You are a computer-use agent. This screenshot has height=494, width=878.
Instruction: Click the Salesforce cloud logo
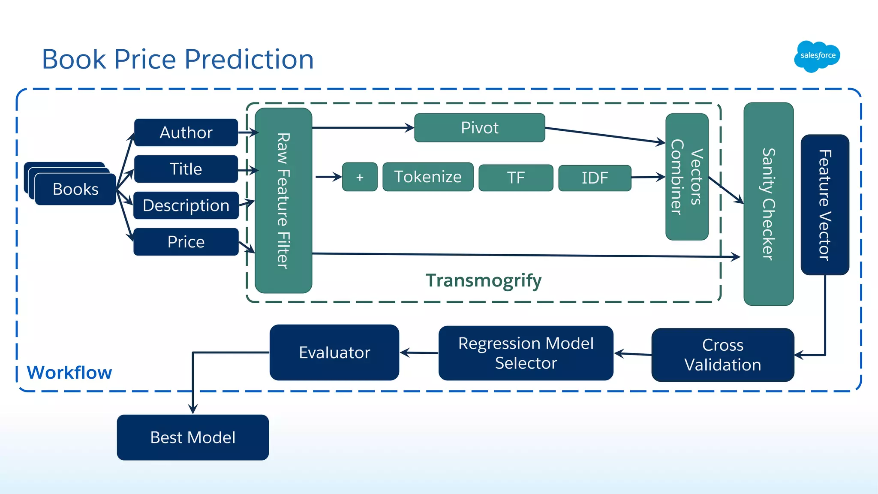point(817,56)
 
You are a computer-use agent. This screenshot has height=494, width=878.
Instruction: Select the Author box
point(186,133)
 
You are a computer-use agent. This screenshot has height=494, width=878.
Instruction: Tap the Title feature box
point(186,169)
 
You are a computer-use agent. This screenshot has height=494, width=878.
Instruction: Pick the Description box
point(186,205)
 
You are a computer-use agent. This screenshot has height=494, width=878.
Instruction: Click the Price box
point(186,242)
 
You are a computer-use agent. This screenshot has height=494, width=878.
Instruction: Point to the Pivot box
point(480,128)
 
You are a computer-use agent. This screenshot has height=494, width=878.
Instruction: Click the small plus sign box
point(360,177)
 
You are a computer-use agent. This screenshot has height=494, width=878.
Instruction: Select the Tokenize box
point(428,177)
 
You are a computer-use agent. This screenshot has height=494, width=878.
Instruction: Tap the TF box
point(516,178)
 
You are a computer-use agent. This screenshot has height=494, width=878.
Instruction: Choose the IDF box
point(595,178)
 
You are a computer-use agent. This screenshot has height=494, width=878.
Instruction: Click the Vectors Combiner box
point(687,177)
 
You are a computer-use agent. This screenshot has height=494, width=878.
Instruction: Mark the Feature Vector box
point(825,205)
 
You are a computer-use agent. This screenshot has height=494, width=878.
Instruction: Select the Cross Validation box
point(723,355)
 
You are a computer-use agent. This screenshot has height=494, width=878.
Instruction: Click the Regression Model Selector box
point(526,353)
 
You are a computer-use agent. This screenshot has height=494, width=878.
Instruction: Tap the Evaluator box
point(334,352)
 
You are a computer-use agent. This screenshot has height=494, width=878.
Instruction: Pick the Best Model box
point(193,437)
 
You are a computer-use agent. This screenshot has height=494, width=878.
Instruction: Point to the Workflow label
point(69,373)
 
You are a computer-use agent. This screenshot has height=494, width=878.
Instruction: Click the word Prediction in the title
point(249,59)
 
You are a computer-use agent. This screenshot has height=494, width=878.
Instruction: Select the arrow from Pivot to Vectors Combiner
point(605,135)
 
